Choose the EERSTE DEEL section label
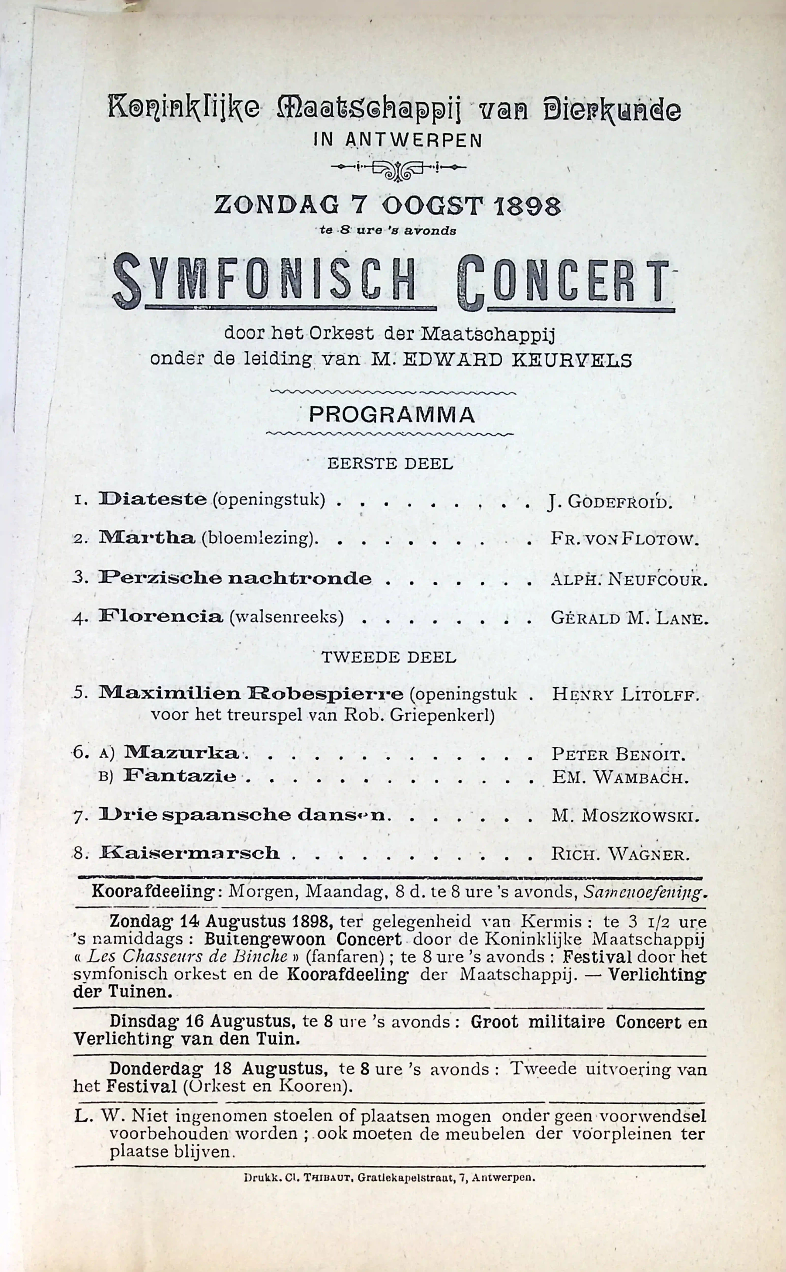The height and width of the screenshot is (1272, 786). pos(390,463)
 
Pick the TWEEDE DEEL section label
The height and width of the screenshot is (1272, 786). pos(389,657)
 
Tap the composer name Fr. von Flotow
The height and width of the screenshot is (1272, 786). pos(624,539)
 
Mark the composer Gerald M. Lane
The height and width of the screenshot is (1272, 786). pos(629,618)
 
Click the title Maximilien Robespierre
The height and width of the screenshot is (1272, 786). pos(251,693)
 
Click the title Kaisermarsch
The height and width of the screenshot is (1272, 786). pos(189,853)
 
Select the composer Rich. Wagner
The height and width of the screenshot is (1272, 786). pos(620,854)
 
